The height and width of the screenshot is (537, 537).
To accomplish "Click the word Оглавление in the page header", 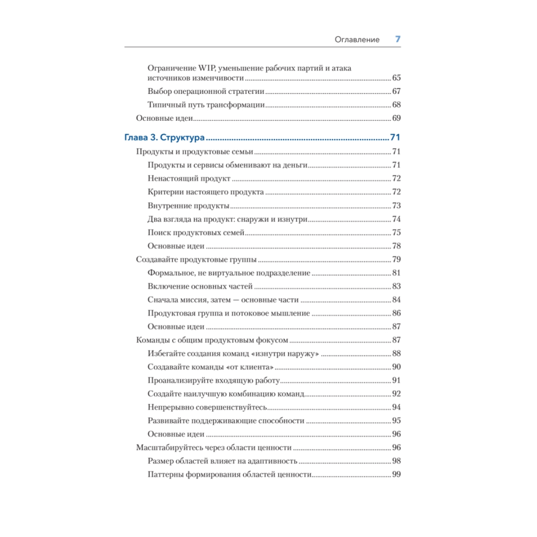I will pyautogui.click(x=357, y=39).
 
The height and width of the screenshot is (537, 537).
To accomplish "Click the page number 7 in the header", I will pyautogui.click(x=398, y=39).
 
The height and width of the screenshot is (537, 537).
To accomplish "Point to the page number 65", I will pyautogui.click(x=397, y=78).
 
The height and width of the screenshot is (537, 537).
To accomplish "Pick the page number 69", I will pyautogui.click(x=397, y=118).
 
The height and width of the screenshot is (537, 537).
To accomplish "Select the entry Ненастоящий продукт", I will pyautogui.click(x=189, y=178).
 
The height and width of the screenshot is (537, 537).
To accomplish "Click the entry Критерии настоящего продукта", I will pyautogui.click(x=206, y=192).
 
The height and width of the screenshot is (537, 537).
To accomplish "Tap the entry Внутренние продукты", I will pyautogui.click(x=188, y=206).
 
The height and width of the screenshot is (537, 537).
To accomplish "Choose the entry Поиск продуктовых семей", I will pyautogui.click(x=196, y=233).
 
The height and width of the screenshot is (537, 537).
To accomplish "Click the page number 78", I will pyautogui.click(x=397, y=246).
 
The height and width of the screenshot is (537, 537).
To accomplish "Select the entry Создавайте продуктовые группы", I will pyautogui.click(x=196, y=259).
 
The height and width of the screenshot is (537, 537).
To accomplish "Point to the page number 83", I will pyautogui.click(x=397, y=286).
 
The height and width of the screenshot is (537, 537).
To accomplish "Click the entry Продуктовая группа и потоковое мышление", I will pyautogui.click(x=229, y=313).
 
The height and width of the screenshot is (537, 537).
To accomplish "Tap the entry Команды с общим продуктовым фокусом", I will pyautogui.click(x=213, y=340).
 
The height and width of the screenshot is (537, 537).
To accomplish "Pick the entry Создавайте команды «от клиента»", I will pyautogui.click(x=211, y=367).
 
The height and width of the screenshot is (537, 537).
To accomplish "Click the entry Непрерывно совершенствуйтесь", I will pyautogui.click(x=207, y=407).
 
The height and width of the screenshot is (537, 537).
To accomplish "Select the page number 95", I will pyautogui.click(x=397, y=420).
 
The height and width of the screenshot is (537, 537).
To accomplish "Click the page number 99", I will pyautogui.click(x=397, y=474).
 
